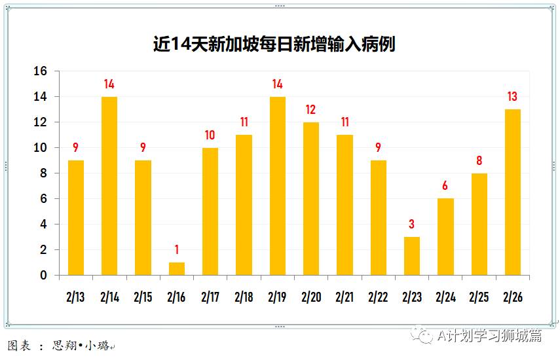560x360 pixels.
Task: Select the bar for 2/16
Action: point(177,268)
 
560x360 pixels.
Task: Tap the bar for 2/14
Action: point(109,186)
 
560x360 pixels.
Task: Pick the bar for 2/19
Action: point(278,186)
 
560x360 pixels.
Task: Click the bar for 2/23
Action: point(412,256)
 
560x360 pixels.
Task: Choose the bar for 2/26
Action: point(513,192)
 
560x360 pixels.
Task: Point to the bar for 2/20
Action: point(311,198)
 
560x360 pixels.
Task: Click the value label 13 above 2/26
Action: point(513,97)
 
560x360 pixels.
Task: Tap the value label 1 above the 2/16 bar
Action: point(177,250)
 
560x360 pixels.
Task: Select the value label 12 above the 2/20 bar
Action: point(311,110)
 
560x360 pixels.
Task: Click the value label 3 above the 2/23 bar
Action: point(412,225)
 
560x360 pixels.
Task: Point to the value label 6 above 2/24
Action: point(445,187)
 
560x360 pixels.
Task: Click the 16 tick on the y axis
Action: point(41,71)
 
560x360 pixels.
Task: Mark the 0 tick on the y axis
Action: point(44,276)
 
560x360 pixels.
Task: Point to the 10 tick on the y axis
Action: point(41,148)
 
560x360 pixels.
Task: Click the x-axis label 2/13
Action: point(76,297)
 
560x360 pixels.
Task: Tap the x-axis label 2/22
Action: point(378,297)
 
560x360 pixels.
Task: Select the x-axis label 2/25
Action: point(479,297)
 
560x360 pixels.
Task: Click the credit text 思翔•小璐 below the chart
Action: point(82,345)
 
